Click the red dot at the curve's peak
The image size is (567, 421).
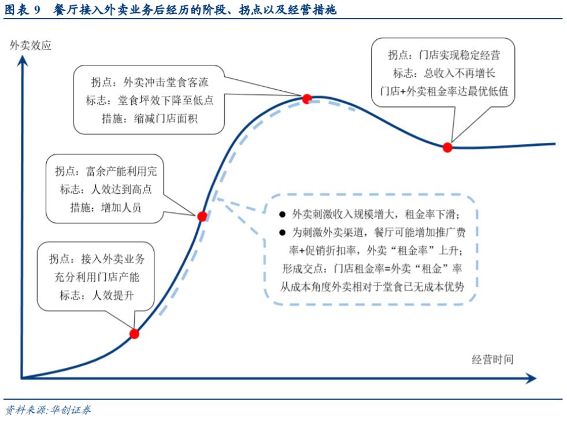307,98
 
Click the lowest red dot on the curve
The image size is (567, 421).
134,334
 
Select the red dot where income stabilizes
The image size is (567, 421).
447,147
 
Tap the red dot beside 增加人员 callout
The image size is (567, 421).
202,216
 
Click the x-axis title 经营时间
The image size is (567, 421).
492,359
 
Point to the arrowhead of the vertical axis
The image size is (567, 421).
22,60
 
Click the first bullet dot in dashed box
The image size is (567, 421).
282,215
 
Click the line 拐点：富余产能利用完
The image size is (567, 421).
106,172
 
